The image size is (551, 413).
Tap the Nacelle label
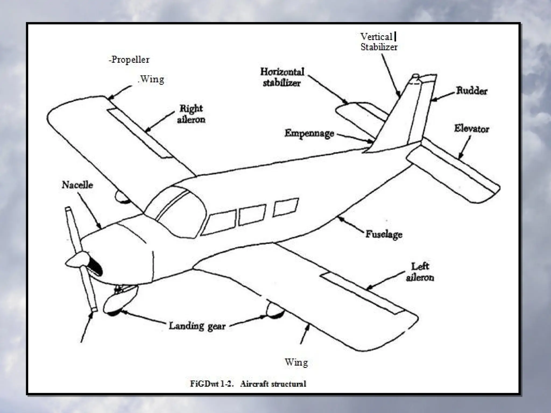[x=77, y=185]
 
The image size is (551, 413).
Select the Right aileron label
[x=191, y=114]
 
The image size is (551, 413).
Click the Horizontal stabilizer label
[x=282, y=77]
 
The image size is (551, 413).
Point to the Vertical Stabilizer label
[x=379, y=42]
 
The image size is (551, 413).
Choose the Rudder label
[x=471, y=91]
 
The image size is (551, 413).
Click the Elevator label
[x=471, y=129]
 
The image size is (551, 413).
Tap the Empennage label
[x=309, y=133]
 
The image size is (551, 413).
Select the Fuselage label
[x=384, y=234]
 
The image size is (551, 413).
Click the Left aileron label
[x=420, y=272]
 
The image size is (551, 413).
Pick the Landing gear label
[x=197, y=326]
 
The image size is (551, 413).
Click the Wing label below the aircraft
[x=296, y=362]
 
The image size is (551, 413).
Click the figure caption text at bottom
[x=248, y=383]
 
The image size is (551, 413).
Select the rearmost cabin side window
[x=285, y=207]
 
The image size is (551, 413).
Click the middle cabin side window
[x=252, y=215]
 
